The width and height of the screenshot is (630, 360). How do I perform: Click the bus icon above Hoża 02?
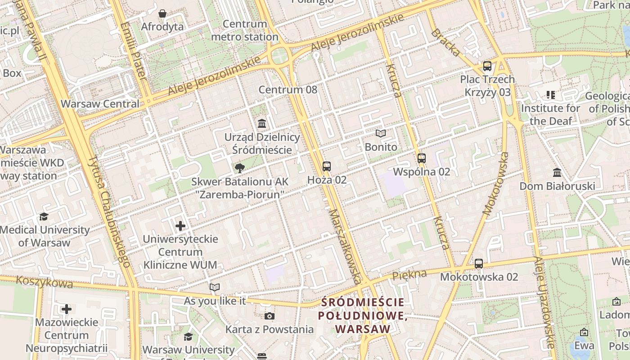(327, 166)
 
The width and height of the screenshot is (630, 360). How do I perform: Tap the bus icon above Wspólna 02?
(421, 158)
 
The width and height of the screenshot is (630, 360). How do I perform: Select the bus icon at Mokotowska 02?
(479, 264)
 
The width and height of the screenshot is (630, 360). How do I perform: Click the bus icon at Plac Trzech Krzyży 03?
(487, 66)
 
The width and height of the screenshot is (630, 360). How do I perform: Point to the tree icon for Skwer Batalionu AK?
(239, 168)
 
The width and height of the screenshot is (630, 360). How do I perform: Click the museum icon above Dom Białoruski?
(557, 172)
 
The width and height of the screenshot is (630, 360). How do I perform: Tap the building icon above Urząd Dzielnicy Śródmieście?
(262, 123)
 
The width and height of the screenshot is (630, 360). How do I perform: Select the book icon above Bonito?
(381, 133)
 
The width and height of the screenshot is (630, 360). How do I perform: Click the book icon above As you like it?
(215, 287)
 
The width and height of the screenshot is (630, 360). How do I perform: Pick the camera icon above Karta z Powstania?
(270, 316)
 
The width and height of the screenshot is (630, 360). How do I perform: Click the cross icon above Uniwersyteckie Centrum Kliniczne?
(180, 225)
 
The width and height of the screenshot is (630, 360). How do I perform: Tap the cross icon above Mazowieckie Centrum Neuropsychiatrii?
(67, 309)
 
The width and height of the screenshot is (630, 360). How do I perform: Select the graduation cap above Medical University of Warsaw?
(44, 216)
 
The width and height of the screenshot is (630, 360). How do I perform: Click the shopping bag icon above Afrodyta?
(162, 13)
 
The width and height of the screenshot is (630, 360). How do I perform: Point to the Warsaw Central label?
(100, 104)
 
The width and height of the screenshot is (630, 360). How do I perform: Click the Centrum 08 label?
(288, 90)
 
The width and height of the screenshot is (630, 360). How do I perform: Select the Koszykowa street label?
(44, 282)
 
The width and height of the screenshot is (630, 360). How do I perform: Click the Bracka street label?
(445, 43)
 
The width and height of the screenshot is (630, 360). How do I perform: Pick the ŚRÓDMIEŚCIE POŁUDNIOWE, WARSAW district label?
(363, 315)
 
